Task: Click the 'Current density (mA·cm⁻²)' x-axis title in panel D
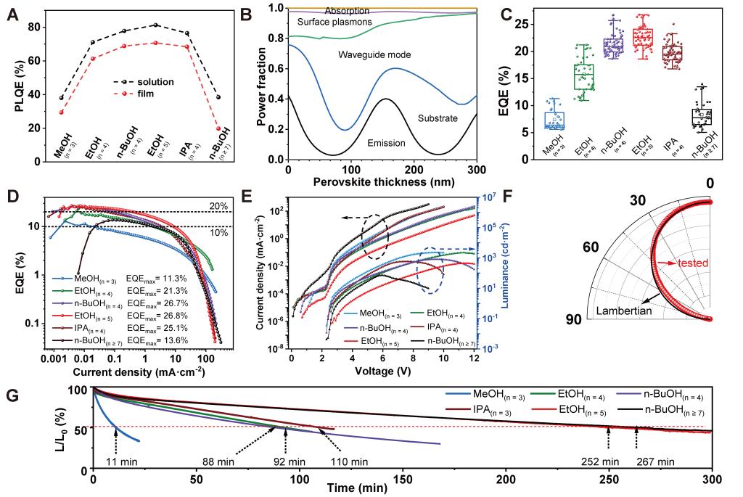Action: (x=139, y=372)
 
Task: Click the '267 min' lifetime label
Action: (x=650, y=461)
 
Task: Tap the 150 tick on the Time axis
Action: (x=403, y=479)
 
